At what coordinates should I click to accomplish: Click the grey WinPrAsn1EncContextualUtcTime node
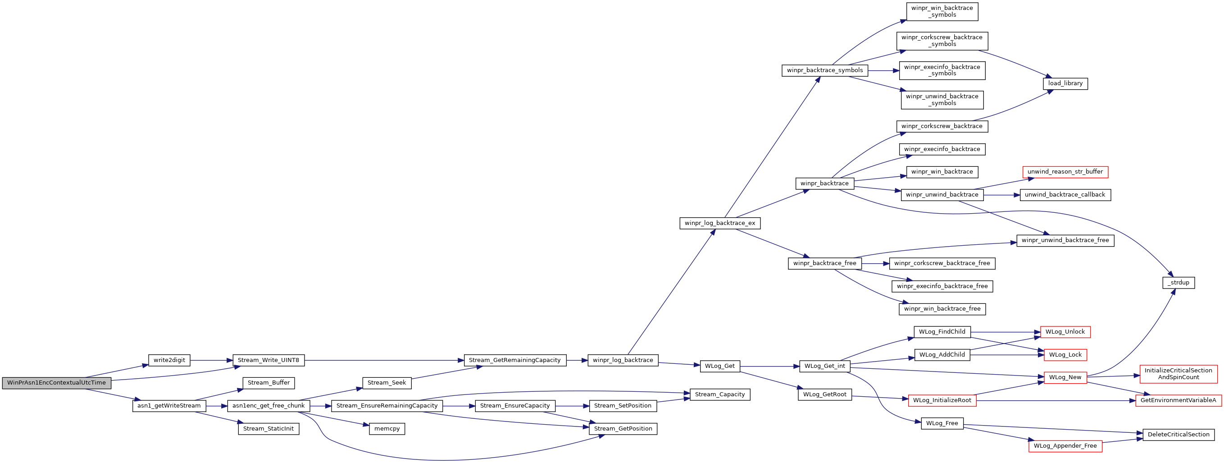[57, 383]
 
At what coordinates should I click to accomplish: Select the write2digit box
[169, 360]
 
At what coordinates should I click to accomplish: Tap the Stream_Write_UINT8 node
[268, 360]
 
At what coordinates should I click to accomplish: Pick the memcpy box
[387, 429]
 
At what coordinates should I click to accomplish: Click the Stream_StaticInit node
[268, 429]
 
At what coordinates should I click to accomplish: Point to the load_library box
[1065, 84]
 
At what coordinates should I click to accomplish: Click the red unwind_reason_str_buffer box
[1065, 172]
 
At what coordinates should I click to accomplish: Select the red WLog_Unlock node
[1065, 332]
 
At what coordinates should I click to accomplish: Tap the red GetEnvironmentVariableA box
[1178, 401]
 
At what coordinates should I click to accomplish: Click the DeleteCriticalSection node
[1178, 435]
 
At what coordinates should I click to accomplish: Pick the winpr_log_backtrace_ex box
[720, 224]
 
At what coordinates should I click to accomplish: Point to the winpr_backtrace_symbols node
[825, 70]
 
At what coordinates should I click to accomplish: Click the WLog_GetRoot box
[825, 394]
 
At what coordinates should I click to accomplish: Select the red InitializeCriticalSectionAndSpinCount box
[1178, 374]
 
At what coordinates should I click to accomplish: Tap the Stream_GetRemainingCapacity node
[515, 360]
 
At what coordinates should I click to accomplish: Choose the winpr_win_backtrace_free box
[942, 309]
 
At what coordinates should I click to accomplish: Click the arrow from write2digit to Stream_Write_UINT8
[211, 361]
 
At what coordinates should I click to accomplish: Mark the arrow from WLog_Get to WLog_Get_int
[770, 367]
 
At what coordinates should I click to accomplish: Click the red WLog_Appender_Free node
[1065, 446]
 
